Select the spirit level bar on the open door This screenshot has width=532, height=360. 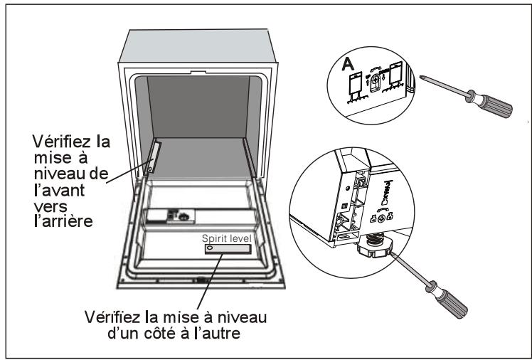227,250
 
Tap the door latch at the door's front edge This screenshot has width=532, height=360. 201,280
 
